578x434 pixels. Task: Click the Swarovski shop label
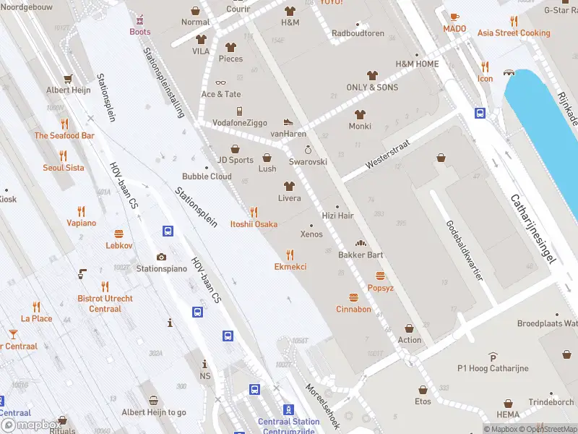[x=308, y=161]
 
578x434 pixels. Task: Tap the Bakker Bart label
[x=361, y=255]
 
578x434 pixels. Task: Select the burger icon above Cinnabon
[x=353, y=297]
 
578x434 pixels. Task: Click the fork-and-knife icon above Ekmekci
[x=290, y=255]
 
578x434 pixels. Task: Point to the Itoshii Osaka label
[x=254, y=224]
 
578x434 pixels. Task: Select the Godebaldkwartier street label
[x=464, y=250]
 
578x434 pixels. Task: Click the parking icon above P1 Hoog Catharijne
[x=493, y=357]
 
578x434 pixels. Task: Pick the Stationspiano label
[x=161, y=268]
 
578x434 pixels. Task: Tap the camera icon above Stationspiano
[x=161, y=257]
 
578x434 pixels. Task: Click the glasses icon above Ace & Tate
[x=220, y=82]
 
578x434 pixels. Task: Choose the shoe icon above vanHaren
[x=288, y=122]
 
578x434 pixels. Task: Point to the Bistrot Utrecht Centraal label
[x=105, y=304]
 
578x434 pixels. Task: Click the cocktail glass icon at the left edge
[x=12, y=334]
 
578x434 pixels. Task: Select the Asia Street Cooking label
[x=514, y=33]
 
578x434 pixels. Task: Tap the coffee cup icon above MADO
[x=454, y=17]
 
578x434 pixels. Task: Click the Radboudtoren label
[x=358, y=33]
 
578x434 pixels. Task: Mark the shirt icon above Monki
[x=360, y=114]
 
